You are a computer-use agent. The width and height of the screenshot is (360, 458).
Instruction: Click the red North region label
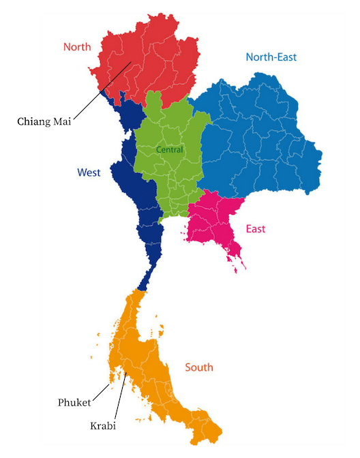[x=77, y=47]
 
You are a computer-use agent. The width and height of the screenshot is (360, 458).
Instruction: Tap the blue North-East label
[x=271, y=57]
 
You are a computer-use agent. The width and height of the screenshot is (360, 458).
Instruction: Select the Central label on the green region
[x=170, y=149]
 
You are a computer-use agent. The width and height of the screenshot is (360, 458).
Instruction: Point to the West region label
[x=89, y=172]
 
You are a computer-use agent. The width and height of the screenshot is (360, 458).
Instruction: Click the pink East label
[x=256, y=229]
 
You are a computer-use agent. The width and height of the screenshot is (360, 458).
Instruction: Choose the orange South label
[x=199, y=367]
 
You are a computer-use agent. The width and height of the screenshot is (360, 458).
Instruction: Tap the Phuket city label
[x=74, y=403]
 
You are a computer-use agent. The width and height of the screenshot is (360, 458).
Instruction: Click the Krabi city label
[x=103, y=426]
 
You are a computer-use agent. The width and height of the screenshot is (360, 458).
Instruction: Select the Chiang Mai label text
[x=45, y=122]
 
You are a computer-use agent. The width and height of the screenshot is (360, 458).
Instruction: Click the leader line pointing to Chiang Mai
[x=102, y=90]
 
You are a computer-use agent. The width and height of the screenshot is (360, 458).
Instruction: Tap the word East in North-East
[x=286, y=57]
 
